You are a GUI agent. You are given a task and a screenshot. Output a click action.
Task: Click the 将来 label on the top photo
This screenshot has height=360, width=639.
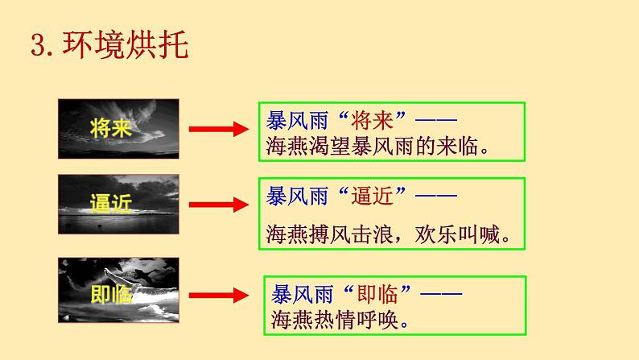pos(111,129)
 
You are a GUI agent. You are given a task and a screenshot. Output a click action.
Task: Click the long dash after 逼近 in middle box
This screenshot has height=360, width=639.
pos(439,194)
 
